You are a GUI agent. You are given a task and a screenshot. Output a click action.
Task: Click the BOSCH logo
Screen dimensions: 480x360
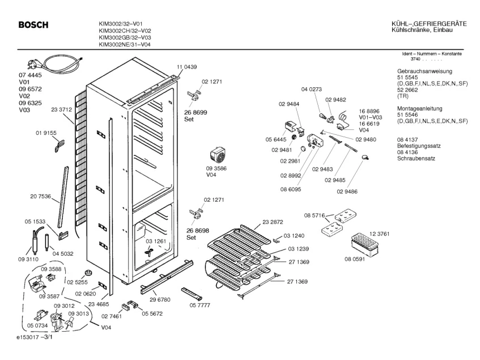point(33,25)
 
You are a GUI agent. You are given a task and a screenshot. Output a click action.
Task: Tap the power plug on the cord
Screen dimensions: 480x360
point(32,64)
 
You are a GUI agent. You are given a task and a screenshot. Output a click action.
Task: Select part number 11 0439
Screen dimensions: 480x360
point(187,67)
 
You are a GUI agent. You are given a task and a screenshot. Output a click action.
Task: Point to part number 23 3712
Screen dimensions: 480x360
point(62,109)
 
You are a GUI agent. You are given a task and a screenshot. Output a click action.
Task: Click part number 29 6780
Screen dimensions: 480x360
point(160,300)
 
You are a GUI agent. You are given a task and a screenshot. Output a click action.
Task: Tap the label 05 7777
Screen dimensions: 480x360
point(200,305)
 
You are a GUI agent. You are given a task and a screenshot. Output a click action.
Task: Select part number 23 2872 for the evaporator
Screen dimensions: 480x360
point(273,222)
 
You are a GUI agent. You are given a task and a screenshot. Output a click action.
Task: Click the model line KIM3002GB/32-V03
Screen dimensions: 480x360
point(125,37)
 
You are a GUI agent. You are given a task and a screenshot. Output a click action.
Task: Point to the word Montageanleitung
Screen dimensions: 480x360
point(420,108)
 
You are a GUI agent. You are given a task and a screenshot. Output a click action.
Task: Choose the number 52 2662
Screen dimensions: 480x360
point(407,90)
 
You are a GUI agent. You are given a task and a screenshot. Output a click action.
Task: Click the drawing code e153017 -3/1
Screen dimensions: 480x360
point(35,337)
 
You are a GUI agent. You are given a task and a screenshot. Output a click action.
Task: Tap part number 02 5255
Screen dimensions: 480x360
point(77,282)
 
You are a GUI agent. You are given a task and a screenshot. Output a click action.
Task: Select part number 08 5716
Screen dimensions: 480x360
point(315,215)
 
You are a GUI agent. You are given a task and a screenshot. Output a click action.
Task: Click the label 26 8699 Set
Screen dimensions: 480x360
point(196,116)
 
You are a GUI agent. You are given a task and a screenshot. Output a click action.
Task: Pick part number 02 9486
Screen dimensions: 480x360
point(347,192)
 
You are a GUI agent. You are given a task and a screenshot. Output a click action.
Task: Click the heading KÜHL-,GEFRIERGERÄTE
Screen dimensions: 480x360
point(429,24)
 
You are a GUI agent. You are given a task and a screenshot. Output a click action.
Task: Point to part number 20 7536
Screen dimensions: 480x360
point(40,197)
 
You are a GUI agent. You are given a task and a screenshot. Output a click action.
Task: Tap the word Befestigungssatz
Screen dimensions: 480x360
point(419,146)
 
